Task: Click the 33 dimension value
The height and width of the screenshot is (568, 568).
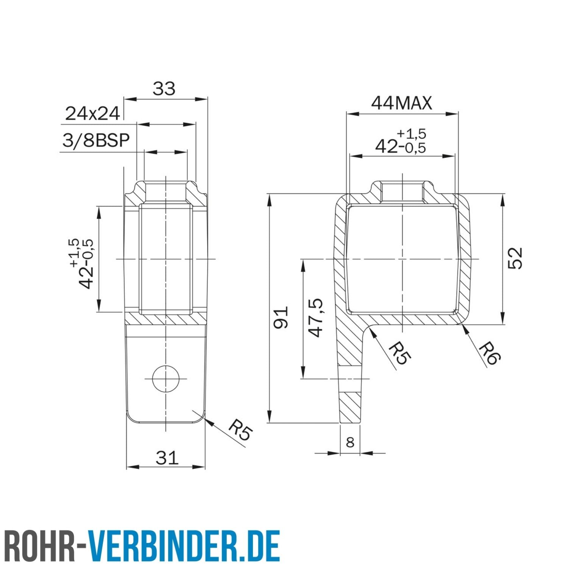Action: point(164,89)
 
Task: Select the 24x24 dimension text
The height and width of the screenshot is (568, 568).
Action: point(92,114)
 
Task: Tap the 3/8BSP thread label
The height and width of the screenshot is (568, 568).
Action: point(96,140)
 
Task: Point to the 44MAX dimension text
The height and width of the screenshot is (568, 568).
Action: point(401,103)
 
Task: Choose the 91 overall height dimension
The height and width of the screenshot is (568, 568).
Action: point(281,317)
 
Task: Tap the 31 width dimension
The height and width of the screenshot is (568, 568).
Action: point(167,458)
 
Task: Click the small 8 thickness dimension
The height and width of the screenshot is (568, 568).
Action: point(350,442)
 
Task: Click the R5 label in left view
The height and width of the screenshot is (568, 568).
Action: point(240,431)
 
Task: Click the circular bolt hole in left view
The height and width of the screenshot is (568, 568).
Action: point(166,379)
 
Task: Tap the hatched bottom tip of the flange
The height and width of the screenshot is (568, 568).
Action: point(350,409)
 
